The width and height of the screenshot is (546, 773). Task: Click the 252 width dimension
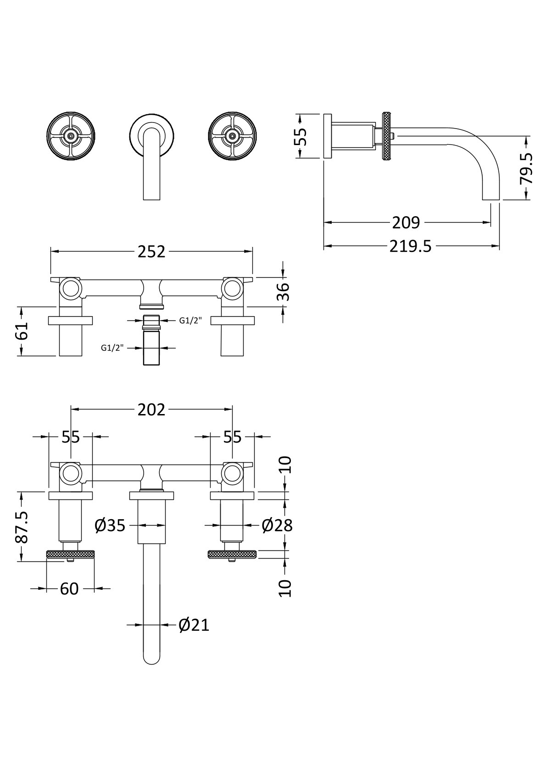click(151, 252)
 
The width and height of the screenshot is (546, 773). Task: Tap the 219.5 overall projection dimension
click(411, 246)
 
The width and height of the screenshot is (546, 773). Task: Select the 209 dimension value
click(406, 223)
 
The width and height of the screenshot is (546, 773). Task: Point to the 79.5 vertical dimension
click(526, 168)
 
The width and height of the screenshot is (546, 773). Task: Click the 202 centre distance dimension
click(151, 409)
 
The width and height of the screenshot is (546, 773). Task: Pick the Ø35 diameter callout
click(110, 525)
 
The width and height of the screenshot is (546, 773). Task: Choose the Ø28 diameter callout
click(277, 525)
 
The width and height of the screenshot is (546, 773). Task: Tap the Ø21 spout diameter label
click(194, 625)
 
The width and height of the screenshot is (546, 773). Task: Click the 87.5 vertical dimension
click(22, 527)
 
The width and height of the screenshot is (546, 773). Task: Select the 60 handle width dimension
click(69, 588)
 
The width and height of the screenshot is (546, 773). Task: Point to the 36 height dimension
click(284, 291)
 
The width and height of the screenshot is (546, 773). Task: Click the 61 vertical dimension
click(22, 331)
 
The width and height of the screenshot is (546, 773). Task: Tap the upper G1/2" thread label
click(190, 320)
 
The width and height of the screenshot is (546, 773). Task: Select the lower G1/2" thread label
click(113, 348)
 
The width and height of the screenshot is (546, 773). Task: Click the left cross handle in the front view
click(71, 136)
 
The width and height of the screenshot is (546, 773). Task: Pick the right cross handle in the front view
click(232, 136)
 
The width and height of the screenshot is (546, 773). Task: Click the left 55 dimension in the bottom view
click(71, 437)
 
